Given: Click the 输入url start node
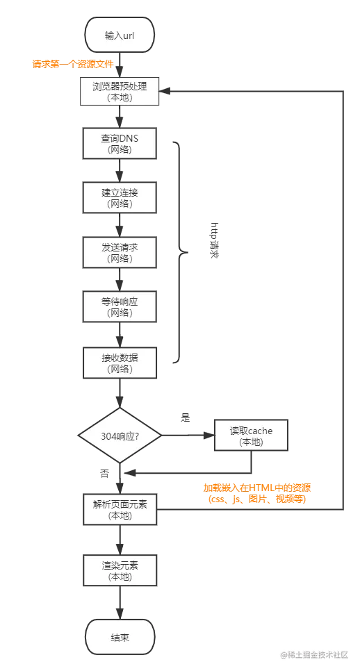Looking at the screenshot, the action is pyautogui.click(x=120, y=35).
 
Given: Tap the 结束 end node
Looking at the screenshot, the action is pyautogui.click(x=120, y=637).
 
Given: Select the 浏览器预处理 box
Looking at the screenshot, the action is pyautogui.click(x=120, y=92).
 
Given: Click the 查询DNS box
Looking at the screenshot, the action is pyautogui.click(x=120, y=144).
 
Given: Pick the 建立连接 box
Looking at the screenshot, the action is pyautogui.click(x=120, y=198).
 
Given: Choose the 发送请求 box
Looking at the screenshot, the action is pyautogui.click(x=120, y=252).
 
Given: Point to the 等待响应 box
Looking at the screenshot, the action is pyautogui.click(x=120, y=306).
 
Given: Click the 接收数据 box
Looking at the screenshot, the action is pyautogui.click(x=120, y=363).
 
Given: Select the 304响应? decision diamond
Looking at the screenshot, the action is pyautogui.click(x=120, y=436).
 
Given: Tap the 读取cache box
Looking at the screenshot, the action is pyautogui.click(x=251, y=436).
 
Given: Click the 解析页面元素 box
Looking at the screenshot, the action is pyautogui.click(x=120, y=509).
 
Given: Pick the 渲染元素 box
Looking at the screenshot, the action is pyautogui.click(x=120, y=570).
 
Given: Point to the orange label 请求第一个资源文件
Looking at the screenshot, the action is pyautogui.click(x=73, y=64).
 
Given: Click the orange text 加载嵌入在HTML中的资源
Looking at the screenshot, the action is pyautogui.click(x=257, y=488).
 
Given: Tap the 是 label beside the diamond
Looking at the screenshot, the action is pyautogui.click(x=185, y=417).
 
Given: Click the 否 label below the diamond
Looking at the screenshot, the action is pyautogui.click(x=104, y=473).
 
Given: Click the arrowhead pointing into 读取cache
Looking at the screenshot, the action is pyautogui.click(x=209, y=436).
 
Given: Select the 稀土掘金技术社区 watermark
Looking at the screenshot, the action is pyautogui.click(x=315, y=655).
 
